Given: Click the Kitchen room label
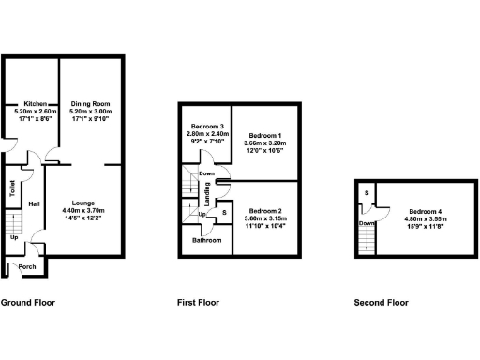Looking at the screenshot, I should point(36,103).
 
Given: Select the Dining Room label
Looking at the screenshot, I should point(90,103).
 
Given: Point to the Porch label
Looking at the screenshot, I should point(27,266).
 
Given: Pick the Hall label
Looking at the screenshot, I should point(34,203).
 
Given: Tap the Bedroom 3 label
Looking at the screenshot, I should point(207,127).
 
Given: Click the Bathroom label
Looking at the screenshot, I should point(207,241).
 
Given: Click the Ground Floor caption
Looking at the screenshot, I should point(28,303).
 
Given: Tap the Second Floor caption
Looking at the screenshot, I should point(381,303).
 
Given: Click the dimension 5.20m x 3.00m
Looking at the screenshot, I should point(90,112).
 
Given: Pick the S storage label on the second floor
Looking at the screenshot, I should point(366,194).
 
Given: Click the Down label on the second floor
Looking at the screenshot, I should point(367,223).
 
